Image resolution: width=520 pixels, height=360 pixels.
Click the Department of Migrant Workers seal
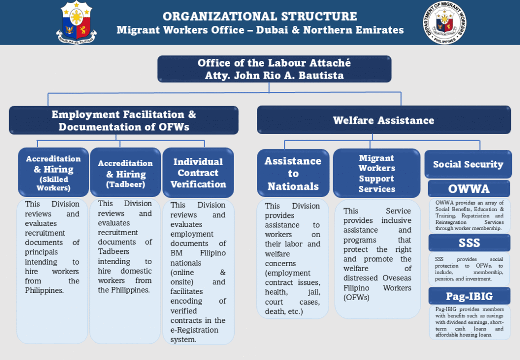click(x=443, y=23)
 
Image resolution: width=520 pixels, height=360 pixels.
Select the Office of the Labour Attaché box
click(x=274, y=70)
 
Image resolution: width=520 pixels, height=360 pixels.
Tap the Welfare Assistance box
click(x=383, y=120)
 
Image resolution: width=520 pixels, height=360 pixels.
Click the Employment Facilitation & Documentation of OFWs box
click(x=123, y=120)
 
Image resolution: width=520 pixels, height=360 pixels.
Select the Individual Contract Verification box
click(x=198, y=173)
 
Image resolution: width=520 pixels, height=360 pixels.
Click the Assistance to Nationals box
click(x=293, y=173)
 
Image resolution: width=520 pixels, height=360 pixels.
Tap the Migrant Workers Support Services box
click(x=376, y=173)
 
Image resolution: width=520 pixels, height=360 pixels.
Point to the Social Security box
click(x=468, y=164)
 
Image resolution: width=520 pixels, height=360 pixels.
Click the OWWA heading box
click(x=469, y=189)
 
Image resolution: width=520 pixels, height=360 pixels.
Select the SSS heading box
click(x=469, y=243)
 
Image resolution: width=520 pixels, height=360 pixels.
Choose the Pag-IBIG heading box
click(x=469, y=296)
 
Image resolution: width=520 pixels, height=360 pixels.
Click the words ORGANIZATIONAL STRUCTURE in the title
click(x=259, y=17)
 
